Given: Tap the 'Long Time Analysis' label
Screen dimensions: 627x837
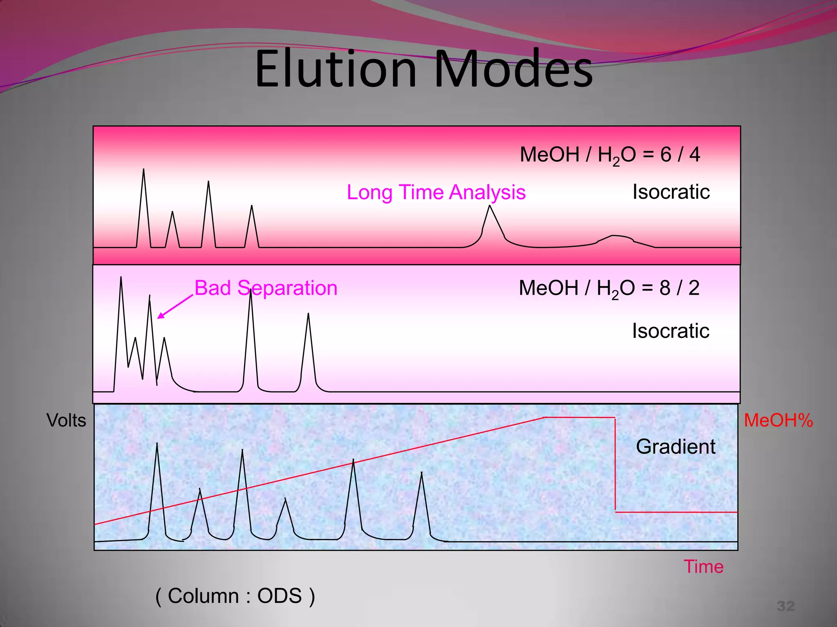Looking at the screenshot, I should pyautogui.click(x=436, y=192).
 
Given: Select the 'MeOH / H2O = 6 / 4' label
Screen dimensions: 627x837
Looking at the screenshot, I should pyautogui.click(x=609, y=155).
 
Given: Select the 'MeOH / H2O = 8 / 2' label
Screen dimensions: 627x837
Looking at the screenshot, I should pyautogui.click(x=609, y=288).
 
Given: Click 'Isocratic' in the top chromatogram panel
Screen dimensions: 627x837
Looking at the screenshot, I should pyautogui.click(x=671, y=192).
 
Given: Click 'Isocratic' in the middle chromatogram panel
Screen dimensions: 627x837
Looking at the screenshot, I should pyautogui.click(x=670, y=331).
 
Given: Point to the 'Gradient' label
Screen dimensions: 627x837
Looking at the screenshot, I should pyautogui.click(x=675, y=447).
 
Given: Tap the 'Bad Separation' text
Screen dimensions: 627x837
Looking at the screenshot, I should pyautogui.click(x=266, y=288).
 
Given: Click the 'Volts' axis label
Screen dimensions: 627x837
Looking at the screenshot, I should pyautogui.click(x=66, y=420).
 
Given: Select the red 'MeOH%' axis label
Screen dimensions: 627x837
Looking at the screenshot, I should pyautogui.click(x=778, y=420).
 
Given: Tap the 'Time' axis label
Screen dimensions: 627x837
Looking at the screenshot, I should pyautogui.click(x=703, y=567).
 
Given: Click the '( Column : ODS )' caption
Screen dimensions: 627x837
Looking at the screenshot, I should pyautogui.click(x=235, y=596).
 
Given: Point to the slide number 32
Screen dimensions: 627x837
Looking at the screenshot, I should pyautogui.click(x=786, y=606).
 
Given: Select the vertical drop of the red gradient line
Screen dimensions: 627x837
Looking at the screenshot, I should pyautogui.click(x=615, y=465).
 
